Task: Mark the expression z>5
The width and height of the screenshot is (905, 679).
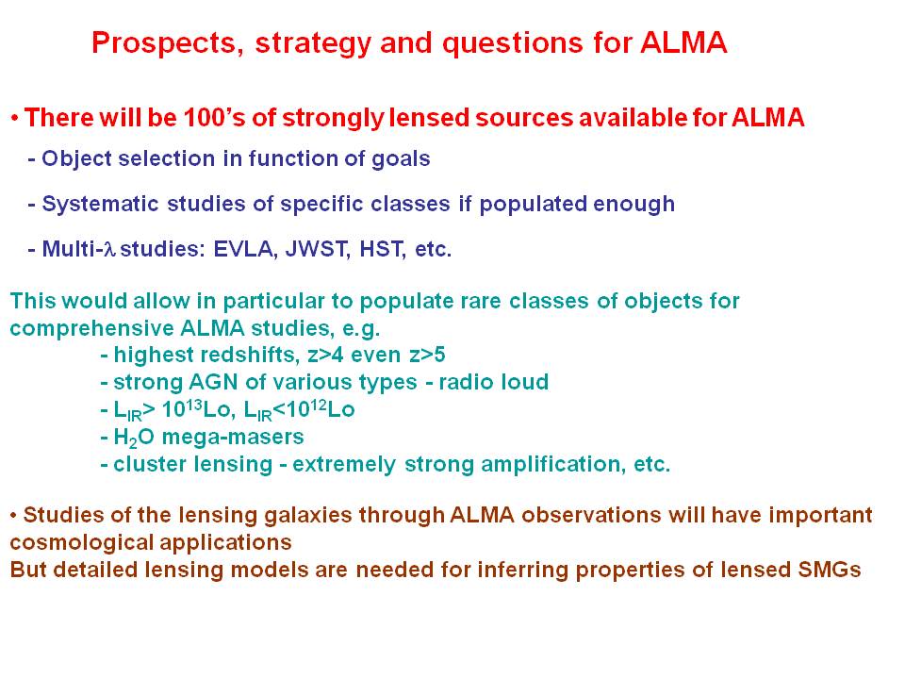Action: tap(427, 355)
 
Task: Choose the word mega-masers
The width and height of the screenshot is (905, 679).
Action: tap(233, 438)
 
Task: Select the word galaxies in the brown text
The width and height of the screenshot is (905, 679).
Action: tap(307, 515)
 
